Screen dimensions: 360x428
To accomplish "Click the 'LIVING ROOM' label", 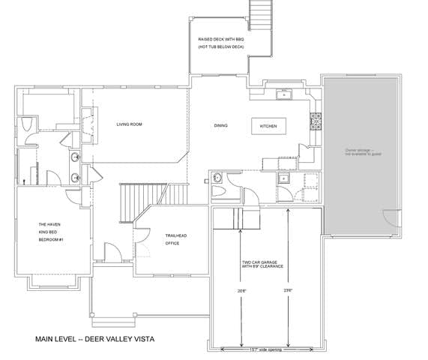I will (129, 124).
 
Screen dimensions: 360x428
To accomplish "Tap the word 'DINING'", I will (221, 125).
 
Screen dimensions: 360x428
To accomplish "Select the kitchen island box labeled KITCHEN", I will (268, 126).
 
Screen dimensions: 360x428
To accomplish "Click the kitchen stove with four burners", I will (316, 118).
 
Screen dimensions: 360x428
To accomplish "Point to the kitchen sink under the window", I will (284, 94).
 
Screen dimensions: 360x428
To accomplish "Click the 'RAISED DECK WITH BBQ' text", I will (221, 39).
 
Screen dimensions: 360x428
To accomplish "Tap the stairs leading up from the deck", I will (260, 13).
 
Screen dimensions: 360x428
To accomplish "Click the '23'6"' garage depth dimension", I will (288, 289).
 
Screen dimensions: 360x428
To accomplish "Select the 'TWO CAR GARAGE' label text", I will (259, 265).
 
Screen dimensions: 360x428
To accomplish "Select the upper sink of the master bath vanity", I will (76, 157).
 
